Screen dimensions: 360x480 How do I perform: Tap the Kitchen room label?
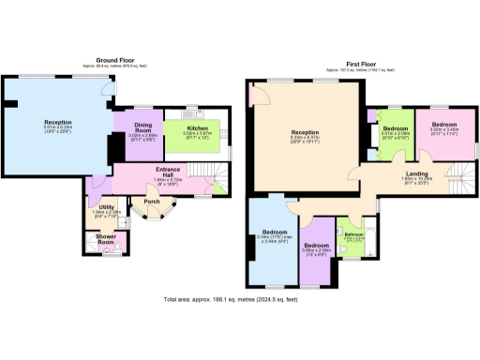pos(197,128)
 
